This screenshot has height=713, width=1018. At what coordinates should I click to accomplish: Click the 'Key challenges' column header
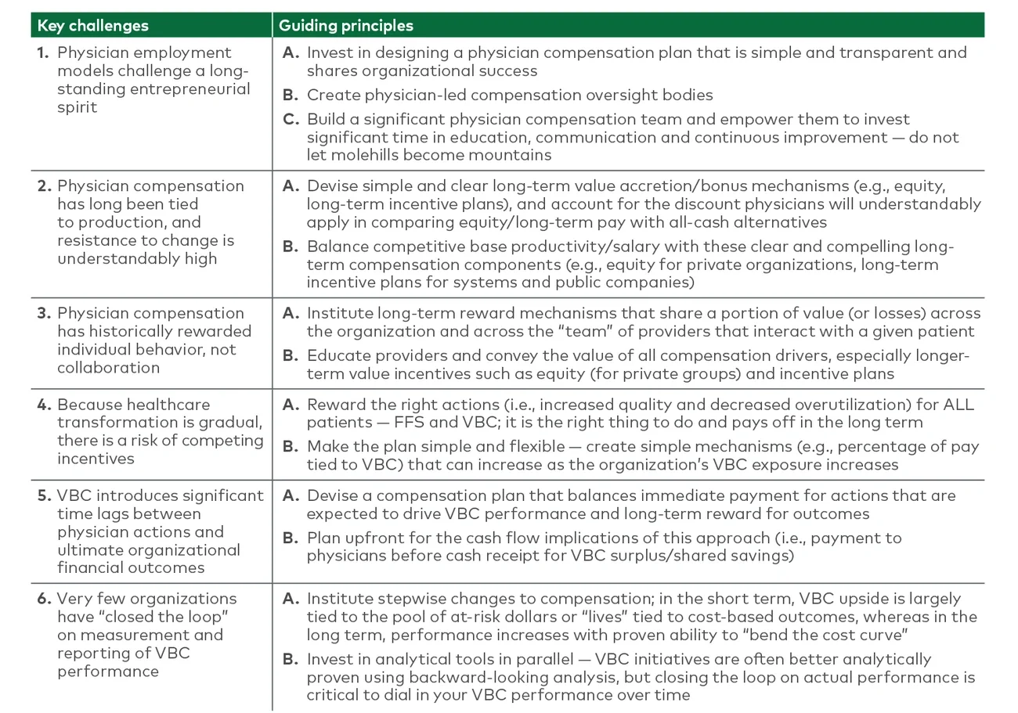92,26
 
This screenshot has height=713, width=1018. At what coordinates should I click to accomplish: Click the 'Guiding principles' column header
345,26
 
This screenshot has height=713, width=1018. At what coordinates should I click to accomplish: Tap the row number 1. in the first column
44,52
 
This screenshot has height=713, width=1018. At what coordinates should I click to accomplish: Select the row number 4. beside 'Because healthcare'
44,405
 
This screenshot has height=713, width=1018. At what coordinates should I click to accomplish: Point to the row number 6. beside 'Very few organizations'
44,599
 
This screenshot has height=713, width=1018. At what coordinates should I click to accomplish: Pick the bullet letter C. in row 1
291,120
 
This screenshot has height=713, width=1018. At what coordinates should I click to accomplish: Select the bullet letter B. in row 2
291,247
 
